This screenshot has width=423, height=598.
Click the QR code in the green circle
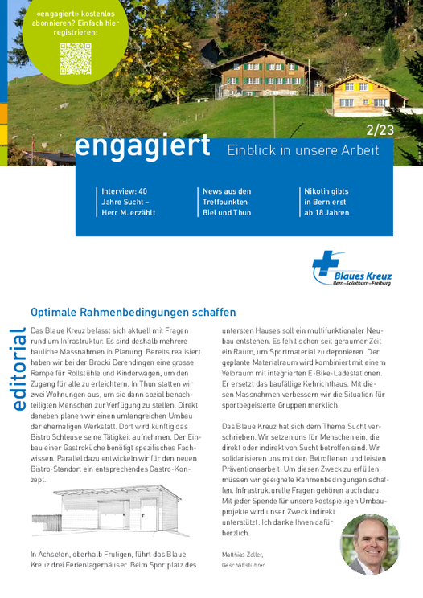[75, 59]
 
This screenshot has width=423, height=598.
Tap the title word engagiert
[142, 146]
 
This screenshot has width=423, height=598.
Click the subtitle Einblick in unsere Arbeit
[302, 149]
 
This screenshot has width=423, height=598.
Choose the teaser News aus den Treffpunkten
[227, 202]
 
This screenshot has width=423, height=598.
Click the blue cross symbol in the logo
[326, 264]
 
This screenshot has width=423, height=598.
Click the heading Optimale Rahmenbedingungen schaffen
[133, 312]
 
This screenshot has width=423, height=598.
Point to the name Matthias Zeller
[240, 555]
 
